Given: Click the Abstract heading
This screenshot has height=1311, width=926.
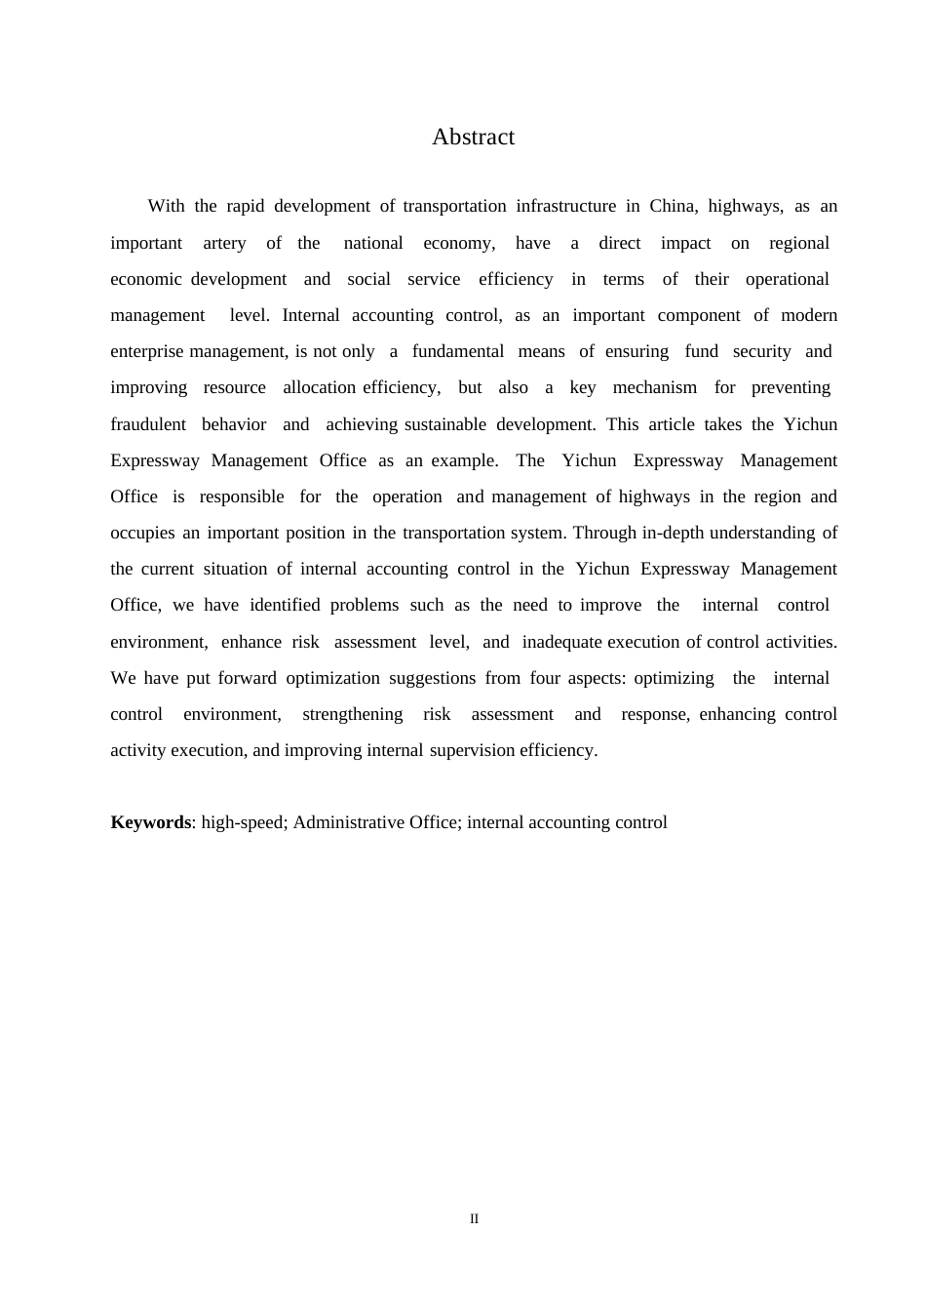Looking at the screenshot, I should [473, 138].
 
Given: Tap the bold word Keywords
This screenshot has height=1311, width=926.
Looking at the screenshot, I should [150, 822].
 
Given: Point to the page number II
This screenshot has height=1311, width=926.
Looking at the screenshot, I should [474, 1218].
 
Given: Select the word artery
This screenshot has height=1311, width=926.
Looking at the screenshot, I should [224, 243].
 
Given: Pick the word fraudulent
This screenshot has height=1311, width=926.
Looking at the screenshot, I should [148, 424].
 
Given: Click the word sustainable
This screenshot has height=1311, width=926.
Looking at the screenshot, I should [445, 424].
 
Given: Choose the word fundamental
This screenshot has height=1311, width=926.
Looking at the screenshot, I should [458, 351].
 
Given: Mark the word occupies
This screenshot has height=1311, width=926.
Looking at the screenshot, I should [142, 533].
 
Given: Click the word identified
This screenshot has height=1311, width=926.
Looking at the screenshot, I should [285, 605].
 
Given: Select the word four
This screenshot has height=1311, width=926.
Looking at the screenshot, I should [545, 678].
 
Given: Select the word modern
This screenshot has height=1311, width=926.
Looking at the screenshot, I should [809, 315].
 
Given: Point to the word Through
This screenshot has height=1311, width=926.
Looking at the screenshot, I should [605, 533].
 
